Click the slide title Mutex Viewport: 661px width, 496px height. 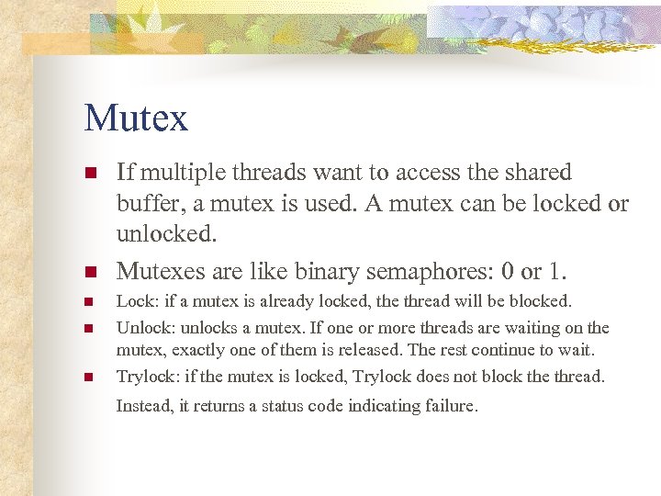pos(136,118)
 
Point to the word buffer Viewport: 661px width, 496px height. pos(147,204)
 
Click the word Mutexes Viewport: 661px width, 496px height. pos(158,272)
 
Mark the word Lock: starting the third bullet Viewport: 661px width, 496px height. pos(135,301)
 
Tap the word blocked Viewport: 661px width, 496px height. pos(543,301)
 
